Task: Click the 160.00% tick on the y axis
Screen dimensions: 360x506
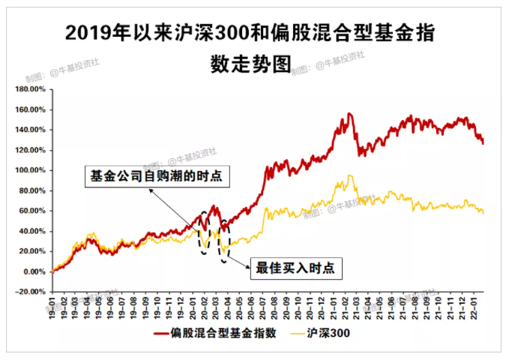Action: click(31, 109)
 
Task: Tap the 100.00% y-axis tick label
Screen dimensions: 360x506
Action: click(31, 170)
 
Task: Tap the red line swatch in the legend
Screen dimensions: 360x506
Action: click(162, 334)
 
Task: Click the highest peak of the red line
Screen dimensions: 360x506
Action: click(349, 114)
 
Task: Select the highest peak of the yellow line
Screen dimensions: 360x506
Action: click(350, 175)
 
